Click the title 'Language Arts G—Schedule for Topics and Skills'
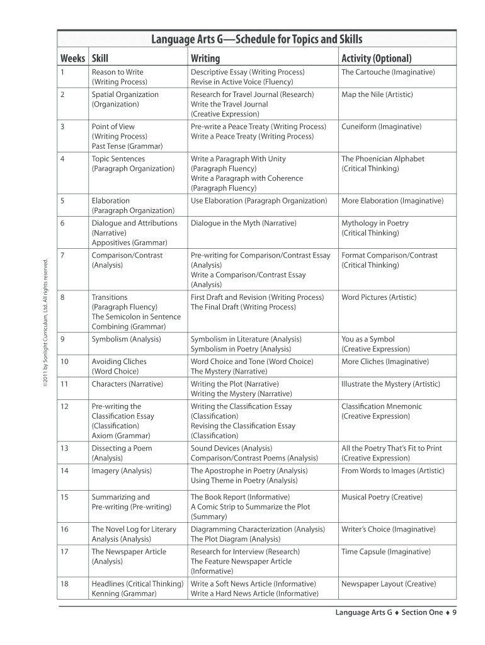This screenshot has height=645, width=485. pos(256,40)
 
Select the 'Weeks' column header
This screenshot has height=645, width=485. pos(72,59)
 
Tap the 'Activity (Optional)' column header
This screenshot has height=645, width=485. pos(376,59)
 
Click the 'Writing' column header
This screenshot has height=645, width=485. pos(205,59)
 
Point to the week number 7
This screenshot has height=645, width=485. pos(62,255)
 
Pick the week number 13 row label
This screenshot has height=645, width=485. pos(64,448)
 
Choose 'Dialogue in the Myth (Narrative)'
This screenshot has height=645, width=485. pos(243,223)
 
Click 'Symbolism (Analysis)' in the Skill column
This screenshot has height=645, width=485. pos(126,339)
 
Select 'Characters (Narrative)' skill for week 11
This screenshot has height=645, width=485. pos(127,384)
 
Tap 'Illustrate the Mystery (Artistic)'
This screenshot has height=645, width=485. pos(391,384)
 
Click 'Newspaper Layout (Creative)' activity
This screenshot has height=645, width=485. pos(389,584)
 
